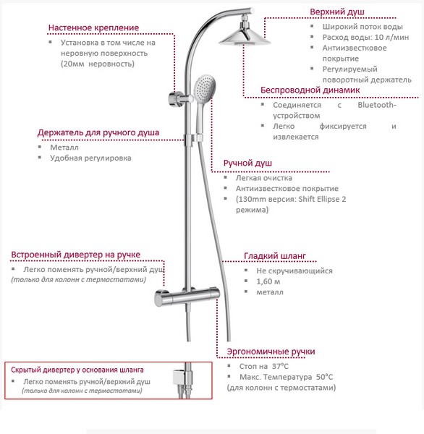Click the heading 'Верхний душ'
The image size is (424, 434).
[x=337, y=12]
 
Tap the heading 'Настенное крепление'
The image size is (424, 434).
[x=93, y=27]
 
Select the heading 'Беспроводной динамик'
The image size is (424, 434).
[x=310, y=90]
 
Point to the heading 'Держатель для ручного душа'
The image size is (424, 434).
[x=98, y=132]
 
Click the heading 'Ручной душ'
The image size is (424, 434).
[x=247, y=163]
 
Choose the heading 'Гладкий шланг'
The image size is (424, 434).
[x=275, y=256]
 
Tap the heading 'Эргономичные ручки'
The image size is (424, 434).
[x=271, y=352]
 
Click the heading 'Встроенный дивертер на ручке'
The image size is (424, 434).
[x=75, y=255]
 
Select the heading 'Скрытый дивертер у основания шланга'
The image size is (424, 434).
[x=77, y=370]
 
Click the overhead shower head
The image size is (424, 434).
[x=245, y=38]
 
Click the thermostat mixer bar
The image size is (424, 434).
[x=187, y=297]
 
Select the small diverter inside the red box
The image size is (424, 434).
[x=179, y=377]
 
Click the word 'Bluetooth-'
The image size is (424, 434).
[x=377, y=105]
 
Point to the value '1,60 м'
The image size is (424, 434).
[x=268, y=281]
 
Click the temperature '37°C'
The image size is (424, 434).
[x=280, y=366]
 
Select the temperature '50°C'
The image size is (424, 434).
[x=325, y=377]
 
